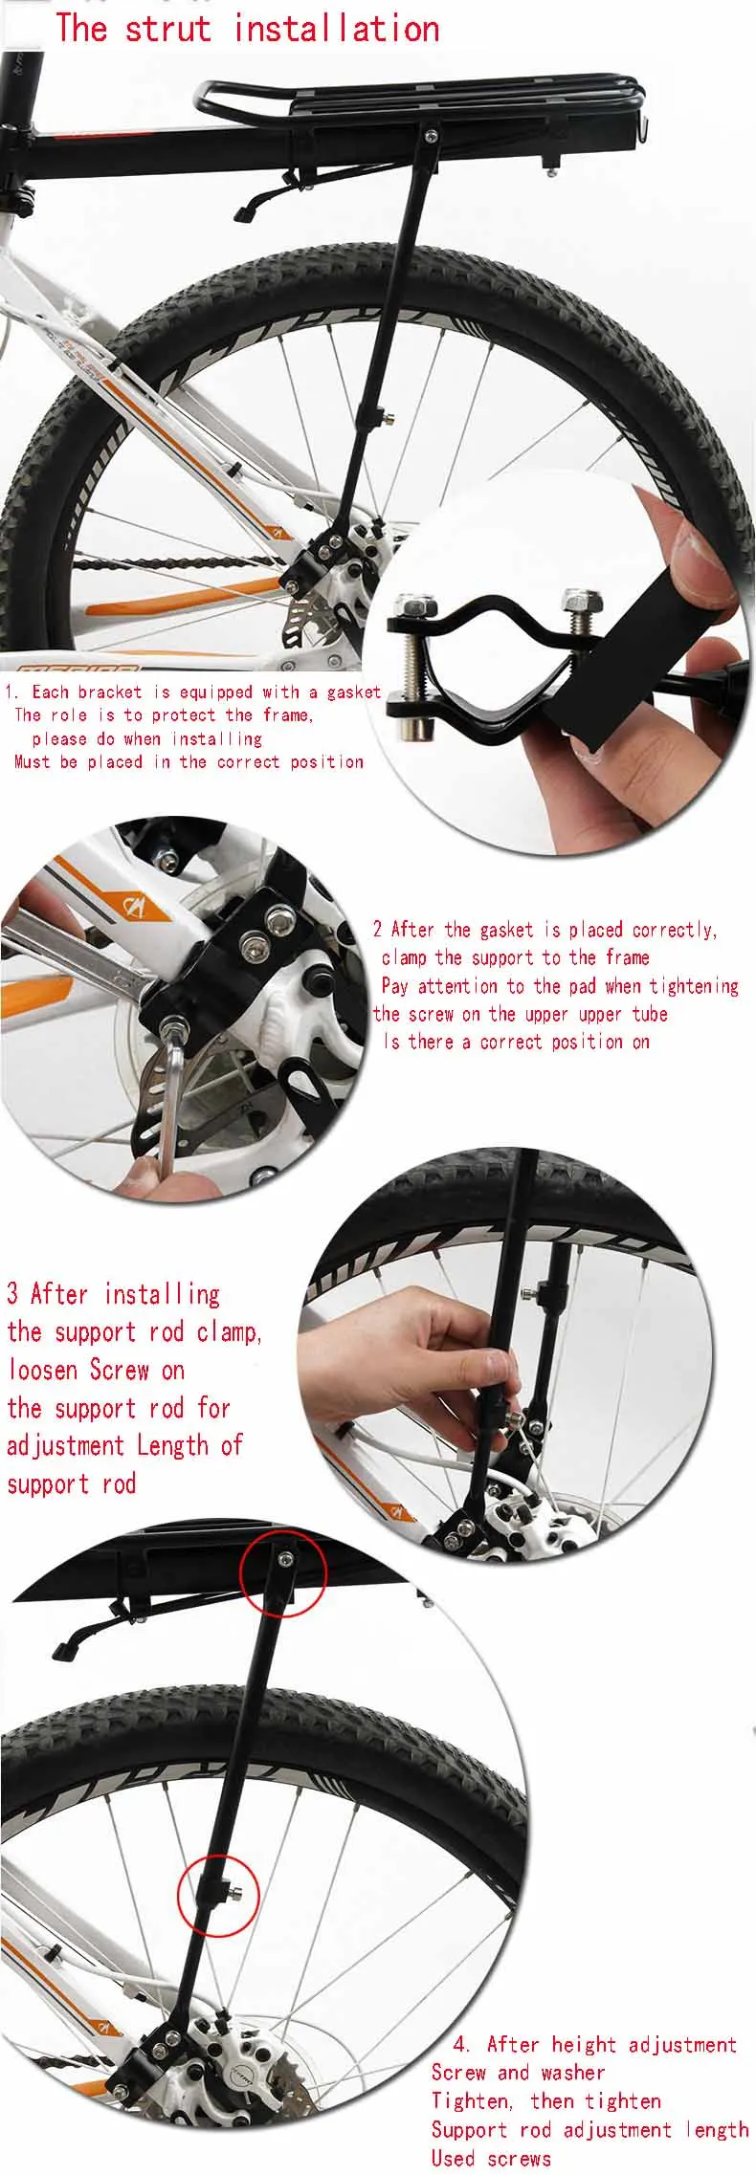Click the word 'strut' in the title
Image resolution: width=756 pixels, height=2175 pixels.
(x=167, y=28)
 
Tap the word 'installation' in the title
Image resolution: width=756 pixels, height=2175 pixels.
(x=337, y=28)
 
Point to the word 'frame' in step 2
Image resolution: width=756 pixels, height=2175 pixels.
(x=628, y=957)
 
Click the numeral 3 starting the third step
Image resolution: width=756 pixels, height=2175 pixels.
(x=12, y=1294)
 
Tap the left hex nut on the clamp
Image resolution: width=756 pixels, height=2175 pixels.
(x=411, y=604)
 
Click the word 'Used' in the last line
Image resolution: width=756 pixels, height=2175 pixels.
(x=453, y=2158)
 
